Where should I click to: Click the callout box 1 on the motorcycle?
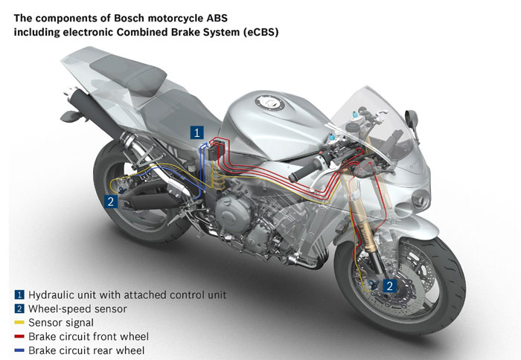(196, 133)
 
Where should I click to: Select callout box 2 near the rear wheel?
(110, 200)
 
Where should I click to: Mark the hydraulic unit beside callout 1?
(217, 149)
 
